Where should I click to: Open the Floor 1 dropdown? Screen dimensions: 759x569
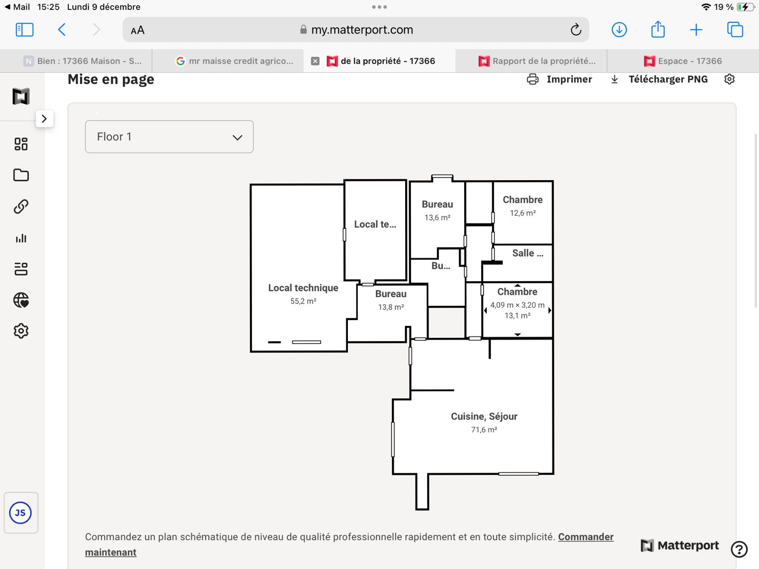pyautogui.click(x=169, y=137)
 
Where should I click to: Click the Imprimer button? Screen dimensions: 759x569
pyautogui.click(x=559, y=79)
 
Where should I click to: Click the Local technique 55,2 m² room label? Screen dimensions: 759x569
pyautogui.click(x=303, y=294)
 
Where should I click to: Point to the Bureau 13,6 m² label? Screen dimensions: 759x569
pyautogui.click(x=437, y=211)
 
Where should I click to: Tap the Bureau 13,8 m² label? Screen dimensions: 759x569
pyautogui.click(x=391, y=300)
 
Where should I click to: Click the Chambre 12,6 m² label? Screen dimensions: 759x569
pyautogui.click(x=523, y=206)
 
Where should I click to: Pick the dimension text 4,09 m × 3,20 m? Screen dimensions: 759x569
pyautogui.click(x=517, y=305)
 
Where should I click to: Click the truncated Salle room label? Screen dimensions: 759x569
pyautogui.click(x=528, y=253)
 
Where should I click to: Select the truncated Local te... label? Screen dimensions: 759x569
pyautogui.click(x=375, y=224)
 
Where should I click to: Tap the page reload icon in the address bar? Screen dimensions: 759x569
pyautogui.click(x=576, y=30)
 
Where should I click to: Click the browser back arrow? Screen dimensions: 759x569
pyautogui.click(x=62, y=30)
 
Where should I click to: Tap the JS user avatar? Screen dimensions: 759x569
pyautogui.click(x=21, y=513)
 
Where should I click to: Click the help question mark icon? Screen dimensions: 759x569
pyautogui.click(x=739, y=549)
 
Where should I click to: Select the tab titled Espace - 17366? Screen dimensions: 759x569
pyautogui.click(x=683, y=61)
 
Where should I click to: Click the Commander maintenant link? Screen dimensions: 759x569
pyautogui.click(x=349, y=545)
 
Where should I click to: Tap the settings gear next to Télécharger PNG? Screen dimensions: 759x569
pyautogui.click(x=729, y=79)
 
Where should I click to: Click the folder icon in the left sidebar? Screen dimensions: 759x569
pyautogui.click(x=21, y=175)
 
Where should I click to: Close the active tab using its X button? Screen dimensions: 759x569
pyautogui.click(x=315, y=61)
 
